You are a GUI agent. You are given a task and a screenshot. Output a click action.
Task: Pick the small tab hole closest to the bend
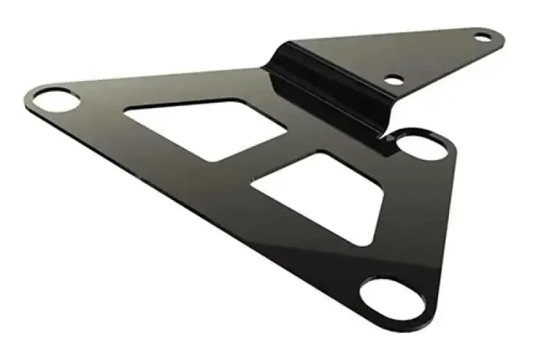[x=394, y=79]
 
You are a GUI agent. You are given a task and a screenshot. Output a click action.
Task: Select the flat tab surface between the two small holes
[x=437, y=58]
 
